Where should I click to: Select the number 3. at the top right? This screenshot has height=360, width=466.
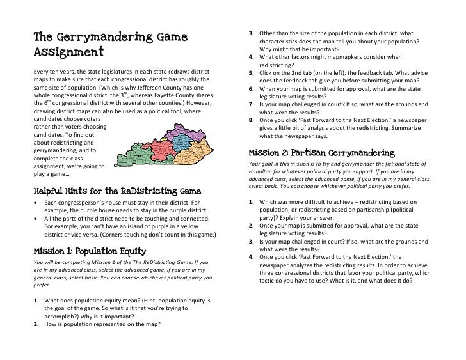click(x=253, y=33)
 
